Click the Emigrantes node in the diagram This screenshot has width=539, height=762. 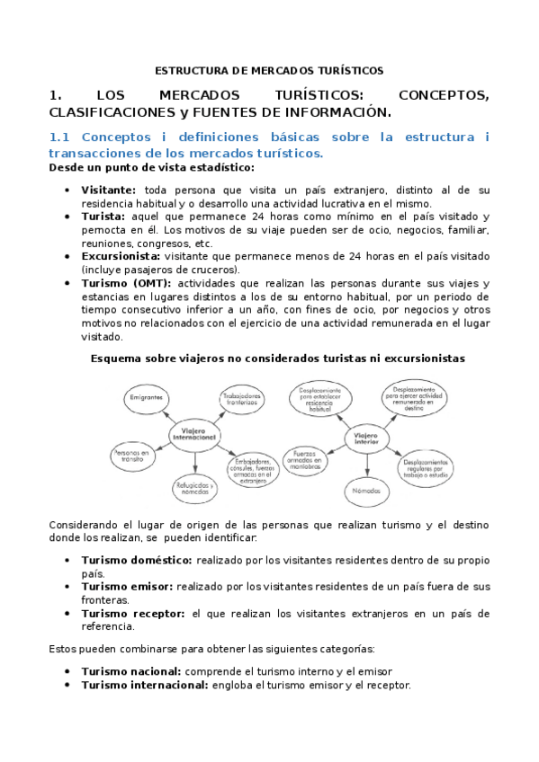click(146, 396)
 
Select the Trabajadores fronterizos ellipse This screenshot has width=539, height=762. click(243, 398)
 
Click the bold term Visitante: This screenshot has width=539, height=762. click(109, 190)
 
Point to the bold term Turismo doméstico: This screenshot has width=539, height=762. click(136, 559)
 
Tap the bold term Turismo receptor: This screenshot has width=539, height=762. click(132, 614)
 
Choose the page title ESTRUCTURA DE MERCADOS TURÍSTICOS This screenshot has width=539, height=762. click(269, 69)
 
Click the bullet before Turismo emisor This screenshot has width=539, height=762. click(69, 586)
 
